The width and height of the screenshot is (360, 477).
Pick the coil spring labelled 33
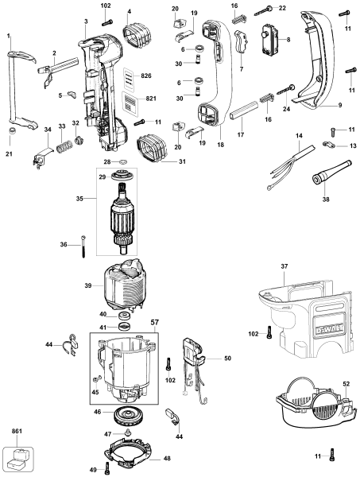(63, 148)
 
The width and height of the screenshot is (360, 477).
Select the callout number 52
(345, 383)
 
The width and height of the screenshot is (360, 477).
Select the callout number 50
(227, 359)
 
